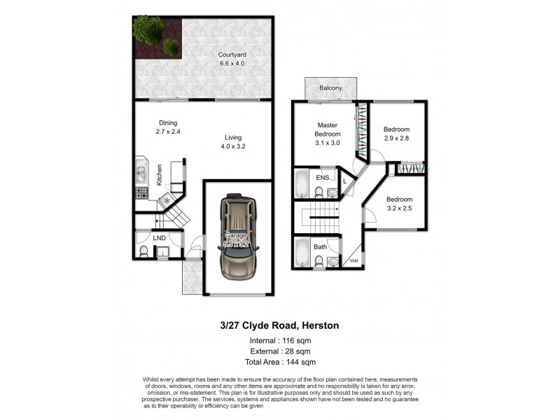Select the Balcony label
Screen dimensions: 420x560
pyautogui.click(x=330, y=88)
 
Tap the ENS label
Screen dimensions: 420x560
pyautogui.click(x=322, y=178)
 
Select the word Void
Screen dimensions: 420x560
pyautogui.click(x=353, y=262)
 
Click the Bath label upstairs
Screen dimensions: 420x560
pyautogui.click(x=320, y=247)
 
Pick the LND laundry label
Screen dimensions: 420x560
pyautogui.click(x=159, y=239)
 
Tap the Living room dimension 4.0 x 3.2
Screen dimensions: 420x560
pyautogui.click(x=233, y=147)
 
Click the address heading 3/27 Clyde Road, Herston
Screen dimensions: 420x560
pyautogui.click(x=279, y=325)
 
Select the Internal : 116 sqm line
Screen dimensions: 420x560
pyautogui.click(x=279, y=340)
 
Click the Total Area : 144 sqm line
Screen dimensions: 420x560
pyautogui.click(x=279, y=362)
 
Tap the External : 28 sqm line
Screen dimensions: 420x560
pyautogui.click(x=279, y=351)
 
